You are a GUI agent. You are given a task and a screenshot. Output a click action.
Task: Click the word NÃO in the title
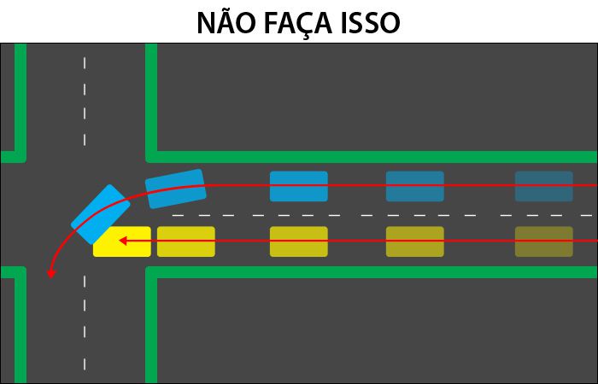pos(226,22)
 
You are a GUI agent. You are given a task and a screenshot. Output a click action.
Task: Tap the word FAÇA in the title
pos(298,24)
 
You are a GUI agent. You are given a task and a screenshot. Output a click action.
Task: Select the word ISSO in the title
pos(371,24)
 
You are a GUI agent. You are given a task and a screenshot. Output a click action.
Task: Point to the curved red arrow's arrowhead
pos(50,274)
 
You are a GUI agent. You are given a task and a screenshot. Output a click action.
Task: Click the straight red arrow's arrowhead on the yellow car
pos(123,241)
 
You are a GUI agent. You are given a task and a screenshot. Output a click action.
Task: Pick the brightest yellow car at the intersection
pos(122,241)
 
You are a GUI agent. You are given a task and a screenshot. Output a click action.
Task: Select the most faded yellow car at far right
pos(544,241)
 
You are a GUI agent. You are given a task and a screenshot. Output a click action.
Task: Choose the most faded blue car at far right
pos(544,186)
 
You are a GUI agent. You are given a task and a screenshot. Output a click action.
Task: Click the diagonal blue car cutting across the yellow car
pos(100,214)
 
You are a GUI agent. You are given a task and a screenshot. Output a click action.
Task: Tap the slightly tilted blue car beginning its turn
pos(175,189)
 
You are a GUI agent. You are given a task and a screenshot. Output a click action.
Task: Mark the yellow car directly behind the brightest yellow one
pos(186,241)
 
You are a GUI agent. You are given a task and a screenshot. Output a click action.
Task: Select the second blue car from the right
pos(415,186)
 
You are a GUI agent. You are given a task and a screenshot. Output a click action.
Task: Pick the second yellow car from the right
pos(415,241)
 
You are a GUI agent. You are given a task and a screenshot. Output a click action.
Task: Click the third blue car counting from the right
pos(299,186)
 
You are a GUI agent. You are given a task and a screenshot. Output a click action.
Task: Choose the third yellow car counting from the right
pos(299,241)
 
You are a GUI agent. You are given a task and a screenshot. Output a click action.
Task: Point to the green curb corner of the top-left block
pos(21,157)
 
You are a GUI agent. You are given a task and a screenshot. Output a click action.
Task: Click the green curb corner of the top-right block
pos(151,157)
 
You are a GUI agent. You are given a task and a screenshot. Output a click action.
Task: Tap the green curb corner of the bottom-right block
pos(151,272)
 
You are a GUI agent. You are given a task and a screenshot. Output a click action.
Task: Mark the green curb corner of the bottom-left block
pos(21,272)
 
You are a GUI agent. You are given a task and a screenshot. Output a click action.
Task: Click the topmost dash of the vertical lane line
pos(85,63)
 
